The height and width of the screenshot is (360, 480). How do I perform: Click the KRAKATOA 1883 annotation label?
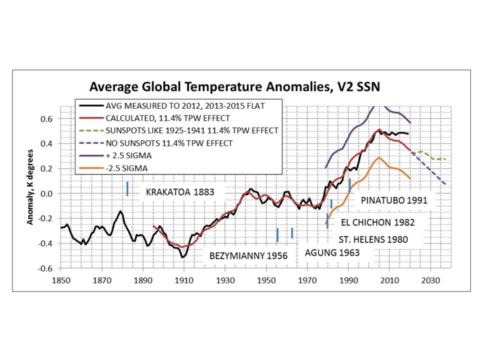point(180,192)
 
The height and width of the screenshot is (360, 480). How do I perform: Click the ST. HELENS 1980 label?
point(373,239)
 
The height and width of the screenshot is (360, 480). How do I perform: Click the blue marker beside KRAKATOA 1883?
point(127,188)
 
